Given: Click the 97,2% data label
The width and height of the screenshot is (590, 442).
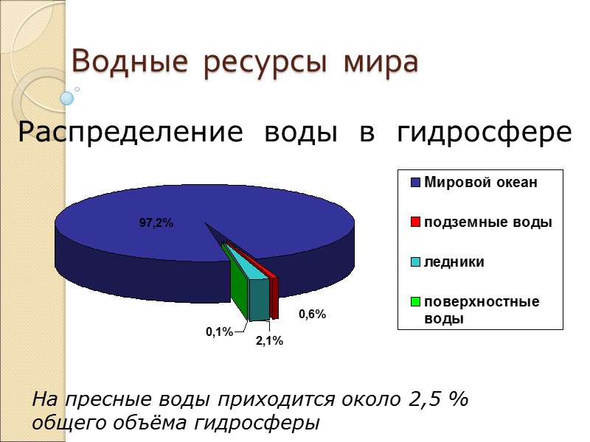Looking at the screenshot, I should pos(156,223).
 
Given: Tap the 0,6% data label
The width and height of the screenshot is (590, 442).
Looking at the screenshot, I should pos(312,315).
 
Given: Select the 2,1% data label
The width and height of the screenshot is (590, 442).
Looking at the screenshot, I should pos(269,341).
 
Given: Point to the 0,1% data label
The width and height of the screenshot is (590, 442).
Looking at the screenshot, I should pos(219,333).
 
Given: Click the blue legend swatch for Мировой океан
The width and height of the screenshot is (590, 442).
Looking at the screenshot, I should pos(415,183).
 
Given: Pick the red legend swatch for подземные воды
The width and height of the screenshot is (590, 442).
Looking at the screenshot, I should pos(415,222).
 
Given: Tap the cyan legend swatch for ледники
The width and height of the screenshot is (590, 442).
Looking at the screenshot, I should pos(415,262).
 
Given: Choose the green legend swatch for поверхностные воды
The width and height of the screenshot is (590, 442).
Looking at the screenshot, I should pos(415,301).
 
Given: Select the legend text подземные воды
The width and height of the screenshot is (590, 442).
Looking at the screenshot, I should pos(487,222).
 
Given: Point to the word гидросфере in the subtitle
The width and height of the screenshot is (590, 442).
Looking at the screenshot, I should pos(484,133).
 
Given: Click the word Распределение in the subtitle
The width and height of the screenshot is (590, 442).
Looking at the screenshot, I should pos(130,133).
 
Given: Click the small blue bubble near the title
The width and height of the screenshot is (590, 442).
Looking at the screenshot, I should pos(67,98).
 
